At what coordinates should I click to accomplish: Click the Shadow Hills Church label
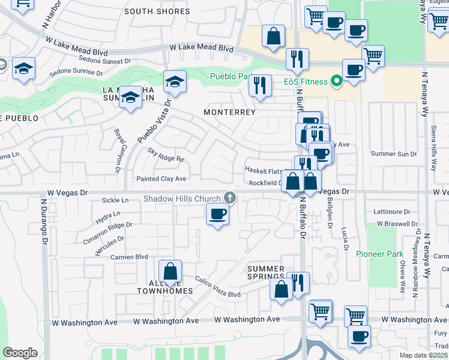(x=181, y=199)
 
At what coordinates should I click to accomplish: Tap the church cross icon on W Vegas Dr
(x=229, y=197)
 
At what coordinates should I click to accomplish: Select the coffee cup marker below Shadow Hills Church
(x=217, y=214)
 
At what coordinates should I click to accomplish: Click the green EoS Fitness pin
(x=336, y=81)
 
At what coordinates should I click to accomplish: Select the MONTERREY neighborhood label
(x=229, y=112)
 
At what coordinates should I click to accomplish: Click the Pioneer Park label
(x=379, y=254)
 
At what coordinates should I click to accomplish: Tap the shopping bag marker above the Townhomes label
(x=170, y=271)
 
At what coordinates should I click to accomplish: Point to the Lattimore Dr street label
(x=391, y=212)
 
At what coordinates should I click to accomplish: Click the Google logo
(x=20, y=353)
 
